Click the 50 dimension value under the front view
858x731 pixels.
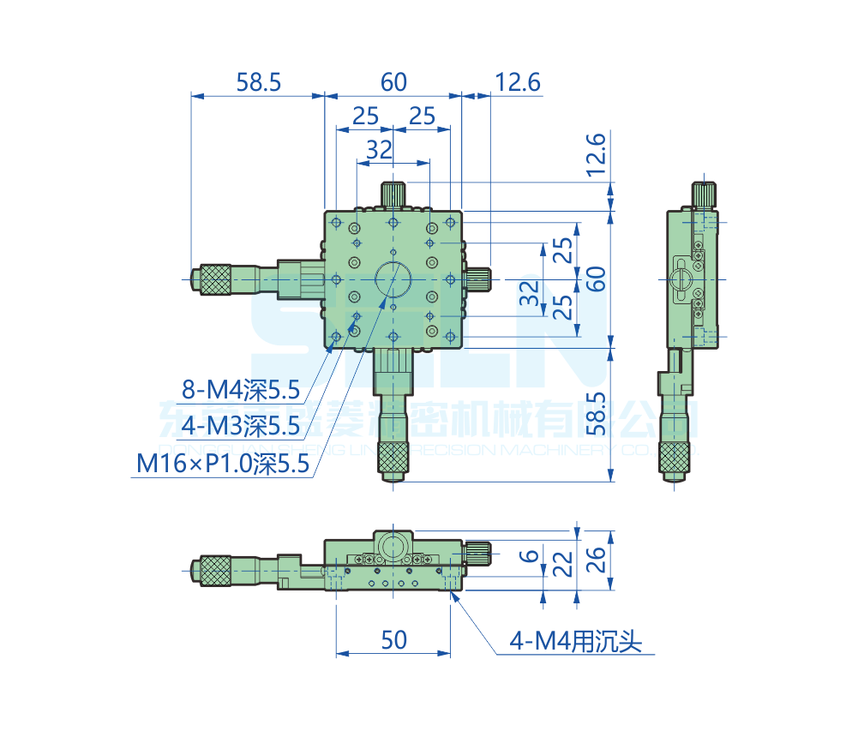[393, 639]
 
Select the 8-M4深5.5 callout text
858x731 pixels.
[241, 392]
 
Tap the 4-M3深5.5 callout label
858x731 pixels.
[241, 425]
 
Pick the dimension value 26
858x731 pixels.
[597, 560]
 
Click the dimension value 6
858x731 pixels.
[531, 555]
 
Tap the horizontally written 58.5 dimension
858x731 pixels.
[259, 82]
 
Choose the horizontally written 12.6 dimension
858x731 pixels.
[518, 82]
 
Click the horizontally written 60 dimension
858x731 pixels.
[393, 82]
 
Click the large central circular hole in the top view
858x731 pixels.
[393, 279]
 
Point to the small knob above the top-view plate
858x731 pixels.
[393, 194]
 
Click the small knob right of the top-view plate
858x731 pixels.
[478, 279]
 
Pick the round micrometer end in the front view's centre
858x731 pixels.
[393, 546]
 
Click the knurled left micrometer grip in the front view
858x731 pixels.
[215, 570]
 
